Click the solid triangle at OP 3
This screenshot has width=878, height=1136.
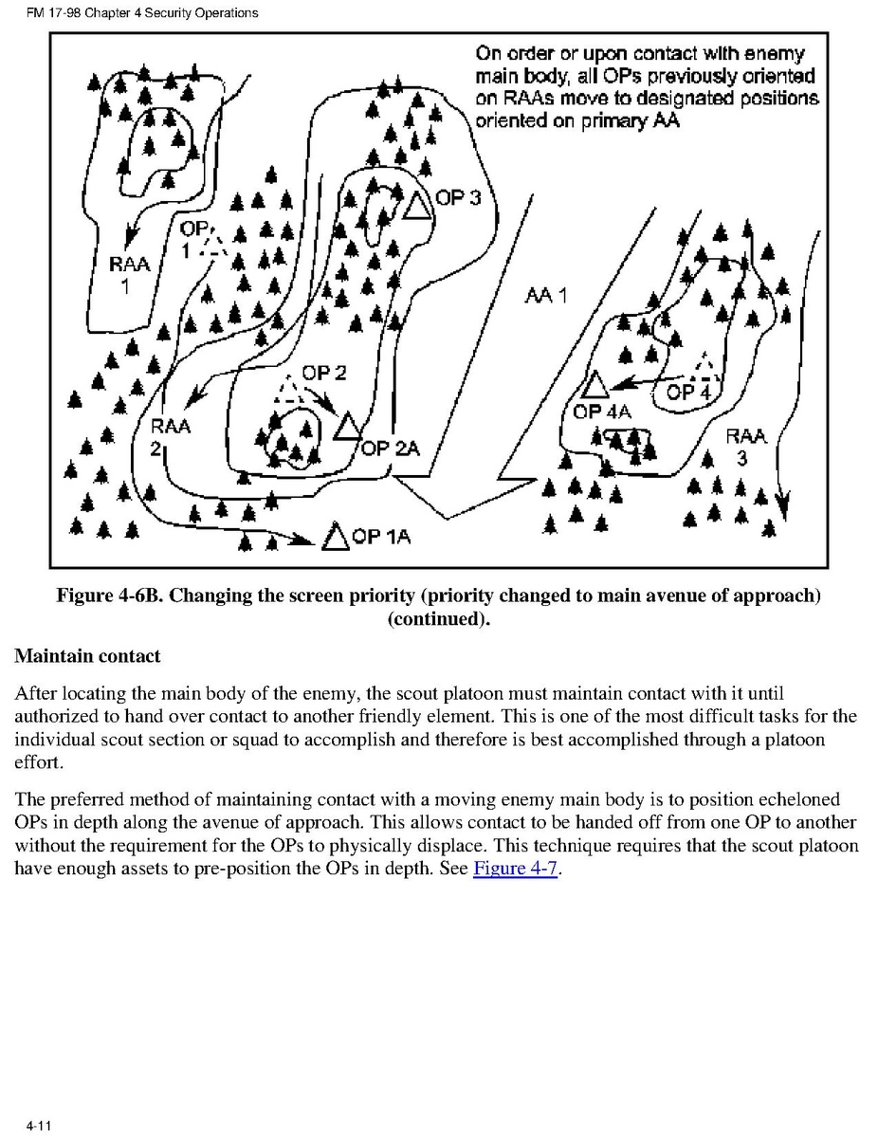pos(414,205)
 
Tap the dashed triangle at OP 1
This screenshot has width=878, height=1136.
pos(215,245)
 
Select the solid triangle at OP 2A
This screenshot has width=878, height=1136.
pos(347,428)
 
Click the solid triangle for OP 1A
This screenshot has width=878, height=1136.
pos(335,537)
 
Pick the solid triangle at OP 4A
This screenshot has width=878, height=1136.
pos(594,385)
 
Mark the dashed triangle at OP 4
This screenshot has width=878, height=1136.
pos(704,365)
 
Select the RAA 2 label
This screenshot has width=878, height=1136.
pos(169,436)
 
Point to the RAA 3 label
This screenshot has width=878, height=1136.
pos(746,448)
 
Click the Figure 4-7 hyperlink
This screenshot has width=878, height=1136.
pos(515,868)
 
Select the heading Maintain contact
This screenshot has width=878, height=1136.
pos(87,656)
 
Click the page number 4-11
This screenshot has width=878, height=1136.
pos(38,1126)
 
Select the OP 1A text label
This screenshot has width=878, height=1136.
pos(381,538)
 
